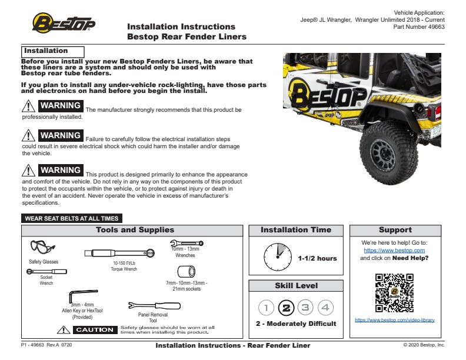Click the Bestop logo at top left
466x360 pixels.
(63, 24)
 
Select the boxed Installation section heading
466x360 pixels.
(53, 51)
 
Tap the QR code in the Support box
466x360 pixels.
(394, 292)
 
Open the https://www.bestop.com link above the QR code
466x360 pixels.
(394, 250)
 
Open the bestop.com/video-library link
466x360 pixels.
(394, 320)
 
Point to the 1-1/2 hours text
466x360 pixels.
(317, 258)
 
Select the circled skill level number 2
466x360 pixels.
(286, 307)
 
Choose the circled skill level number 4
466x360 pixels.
(325, 307)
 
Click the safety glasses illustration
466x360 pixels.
(42, 247)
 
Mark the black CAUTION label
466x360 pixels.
(95, 330)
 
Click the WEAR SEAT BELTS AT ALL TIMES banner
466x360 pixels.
(72, 218)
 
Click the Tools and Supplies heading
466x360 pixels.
(135, 230)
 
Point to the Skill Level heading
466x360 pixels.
(296, 286)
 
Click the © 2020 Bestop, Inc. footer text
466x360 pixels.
(424, 345)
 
